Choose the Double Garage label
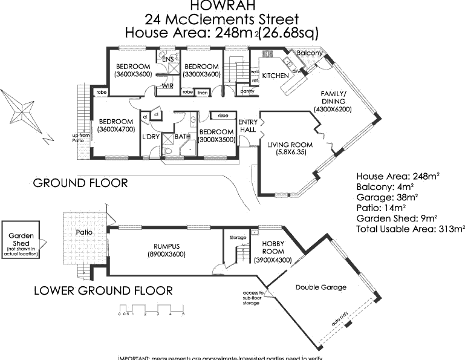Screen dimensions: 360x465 point(321,287)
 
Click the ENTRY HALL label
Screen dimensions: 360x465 point(248,126)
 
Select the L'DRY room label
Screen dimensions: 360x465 point(150,137)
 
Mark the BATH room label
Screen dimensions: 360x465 point(182,137)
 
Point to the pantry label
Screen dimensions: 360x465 point(247,91)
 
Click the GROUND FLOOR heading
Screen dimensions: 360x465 point(80,182)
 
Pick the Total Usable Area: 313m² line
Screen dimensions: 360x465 point(410,229)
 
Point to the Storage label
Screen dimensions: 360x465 point(238,238)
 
